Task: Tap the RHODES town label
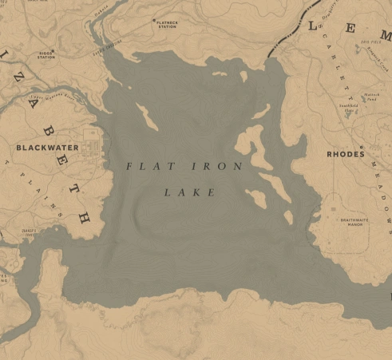(345, 153)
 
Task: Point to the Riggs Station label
(47, 57)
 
